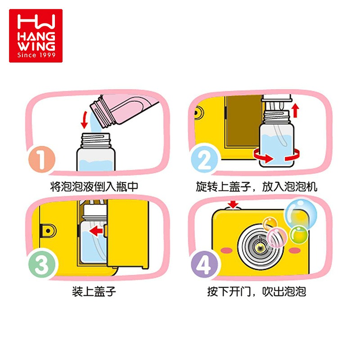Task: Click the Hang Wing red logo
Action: (x=36, y=36)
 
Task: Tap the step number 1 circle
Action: (x=42, y=159)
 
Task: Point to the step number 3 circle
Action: (x=42, y=265)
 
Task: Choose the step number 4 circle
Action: (x=204, y=265)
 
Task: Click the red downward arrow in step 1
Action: (x=85, y=120)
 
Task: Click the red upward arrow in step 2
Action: (x=296, y=110)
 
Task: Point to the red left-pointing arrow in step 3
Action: (x=96, y=231)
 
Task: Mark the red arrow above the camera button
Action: (x=233, y=204)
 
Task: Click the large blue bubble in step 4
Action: (x=301, y=213)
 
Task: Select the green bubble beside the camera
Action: (x=298, y=234)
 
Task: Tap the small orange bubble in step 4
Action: (x=270, y=224)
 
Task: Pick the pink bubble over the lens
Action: (x=277, y=238)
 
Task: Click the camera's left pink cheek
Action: (x=228, y=250)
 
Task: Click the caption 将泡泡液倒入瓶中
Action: (x=94, y=186)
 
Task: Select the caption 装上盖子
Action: (x=94, y=292)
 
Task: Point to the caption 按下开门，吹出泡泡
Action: (x=256, y=292)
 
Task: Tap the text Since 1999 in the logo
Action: (x=36, y=55)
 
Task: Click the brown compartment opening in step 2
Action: (x=244, y=121)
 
